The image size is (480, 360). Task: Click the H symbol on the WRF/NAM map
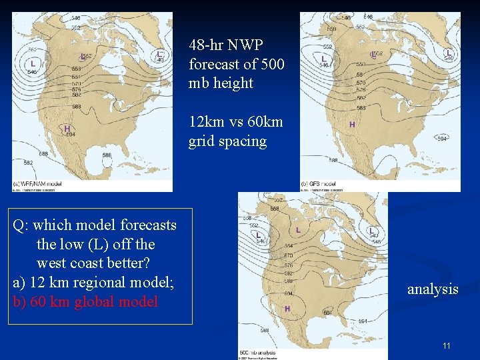point(67,128)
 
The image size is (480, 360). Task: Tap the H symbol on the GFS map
point(352,125)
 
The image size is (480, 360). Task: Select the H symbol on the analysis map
point(287,309)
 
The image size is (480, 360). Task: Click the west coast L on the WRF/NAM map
point(33,63)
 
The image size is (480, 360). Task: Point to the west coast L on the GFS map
point(323,59)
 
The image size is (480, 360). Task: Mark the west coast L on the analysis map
point(258,235)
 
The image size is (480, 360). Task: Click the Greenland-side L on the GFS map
point(449,52)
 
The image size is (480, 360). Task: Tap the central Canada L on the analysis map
point(298,230)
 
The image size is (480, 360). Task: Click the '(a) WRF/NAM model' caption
point(39,183)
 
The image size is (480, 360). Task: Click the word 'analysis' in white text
point(433,289)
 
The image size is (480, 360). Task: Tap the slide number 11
point(447,345)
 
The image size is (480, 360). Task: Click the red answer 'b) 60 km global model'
point(85,301)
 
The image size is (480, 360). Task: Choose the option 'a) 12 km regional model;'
point(93,282)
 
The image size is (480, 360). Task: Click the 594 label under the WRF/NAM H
point(71,134)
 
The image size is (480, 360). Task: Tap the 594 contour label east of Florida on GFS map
point(441,139)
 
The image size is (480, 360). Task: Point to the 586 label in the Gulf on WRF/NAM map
point(107,155)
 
